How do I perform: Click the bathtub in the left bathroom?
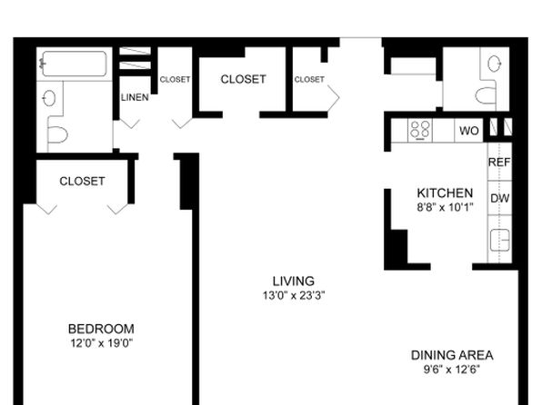(x=74, y=64)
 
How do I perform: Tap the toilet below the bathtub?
(x=57, y=134)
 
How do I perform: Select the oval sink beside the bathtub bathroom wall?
(x=49, y=98)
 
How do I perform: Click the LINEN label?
(x=135, y=97)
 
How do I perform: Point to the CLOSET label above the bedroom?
(x=82, y=181)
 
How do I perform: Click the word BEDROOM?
(x=101, y=329)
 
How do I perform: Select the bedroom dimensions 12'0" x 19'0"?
(x=102, y=343)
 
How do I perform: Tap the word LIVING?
(x=294, y=282)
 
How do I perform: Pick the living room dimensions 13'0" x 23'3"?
(x=294, y=295)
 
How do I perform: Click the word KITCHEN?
(x=445, y=193)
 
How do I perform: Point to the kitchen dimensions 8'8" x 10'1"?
(x=445, y=207)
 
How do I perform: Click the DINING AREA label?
(x=452, y=355)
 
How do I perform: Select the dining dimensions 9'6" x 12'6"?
(x=452, y=370)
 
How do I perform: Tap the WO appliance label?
(x=469, y=131)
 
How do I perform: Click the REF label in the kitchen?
(x=499, y=162)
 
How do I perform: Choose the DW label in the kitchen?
(x=500, y=198)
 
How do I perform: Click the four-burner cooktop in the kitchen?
(x=420, y=130)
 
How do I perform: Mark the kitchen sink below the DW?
(x=500, y=240)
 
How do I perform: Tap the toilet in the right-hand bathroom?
(x=486, y=95)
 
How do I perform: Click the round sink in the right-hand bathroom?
(x=495, y=64)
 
